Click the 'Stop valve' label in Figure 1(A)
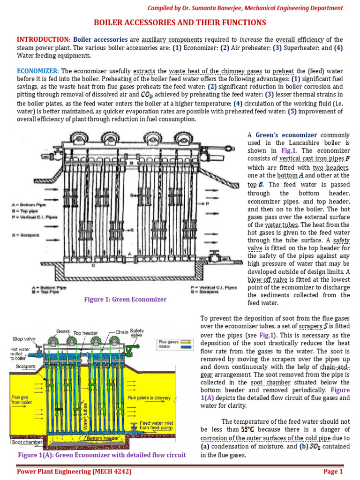24,339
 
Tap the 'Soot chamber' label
27,442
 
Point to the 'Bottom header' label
103,438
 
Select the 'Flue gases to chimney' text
149,397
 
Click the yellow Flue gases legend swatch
186,342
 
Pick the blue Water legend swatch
186,347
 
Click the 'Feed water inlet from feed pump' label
156,425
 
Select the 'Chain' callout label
122,332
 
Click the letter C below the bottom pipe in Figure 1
93,265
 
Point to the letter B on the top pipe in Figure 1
132,163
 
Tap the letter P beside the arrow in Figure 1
207,203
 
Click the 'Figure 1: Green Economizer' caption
126,300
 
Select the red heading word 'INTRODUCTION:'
44,39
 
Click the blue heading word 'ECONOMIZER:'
37,71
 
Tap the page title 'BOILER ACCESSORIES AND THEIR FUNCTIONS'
180,22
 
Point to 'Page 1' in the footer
333,472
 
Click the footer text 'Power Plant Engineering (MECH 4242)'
74,472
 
